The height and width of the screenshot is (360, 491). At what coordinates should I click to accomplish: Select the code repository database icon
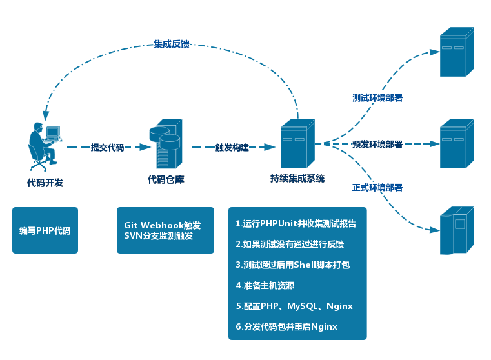coord(166,144)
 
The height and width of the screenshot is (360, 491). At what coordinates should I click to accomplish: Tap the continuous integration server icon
coord(297,144)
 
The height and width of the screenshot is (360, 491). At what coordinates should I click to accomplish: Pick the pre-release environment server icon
coord(456,143)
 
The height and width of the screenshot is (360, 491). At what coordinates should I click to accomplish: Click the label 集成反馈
coord(172,45)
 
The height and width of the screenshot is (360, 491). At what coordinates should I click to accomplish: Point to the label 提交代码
coord(107,147)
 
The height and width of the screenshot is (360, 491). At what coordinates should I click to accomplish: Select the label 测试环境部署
coord(377,98)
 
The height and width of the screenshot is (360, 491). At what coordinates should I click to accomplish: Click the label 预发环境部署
coord(377,144)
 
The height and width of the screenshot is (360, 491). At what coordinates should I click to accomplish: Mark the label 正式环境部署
coord(377,188)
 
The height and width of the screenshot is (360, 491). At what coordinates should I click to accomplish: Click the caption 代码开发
coord(45,183)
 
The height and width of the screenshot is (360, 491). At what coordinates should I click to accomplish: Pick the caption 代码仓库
coord(166,180)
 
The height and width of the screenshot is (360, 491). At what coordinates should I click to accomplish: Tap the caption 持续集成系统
coord(297,179)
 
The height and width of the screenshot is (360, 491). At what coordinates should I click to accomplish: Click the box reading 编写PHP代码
coord(45,230)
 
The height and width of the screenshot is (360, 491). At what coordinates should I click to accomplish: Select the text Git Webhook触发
coord(163,226)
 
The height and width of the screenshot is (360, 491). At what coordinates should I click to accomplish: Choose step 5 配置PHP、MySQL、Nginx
coord(294,306)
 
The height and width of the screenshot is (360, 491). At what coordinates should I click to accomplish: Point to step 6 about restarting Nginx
coord(286,326)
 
